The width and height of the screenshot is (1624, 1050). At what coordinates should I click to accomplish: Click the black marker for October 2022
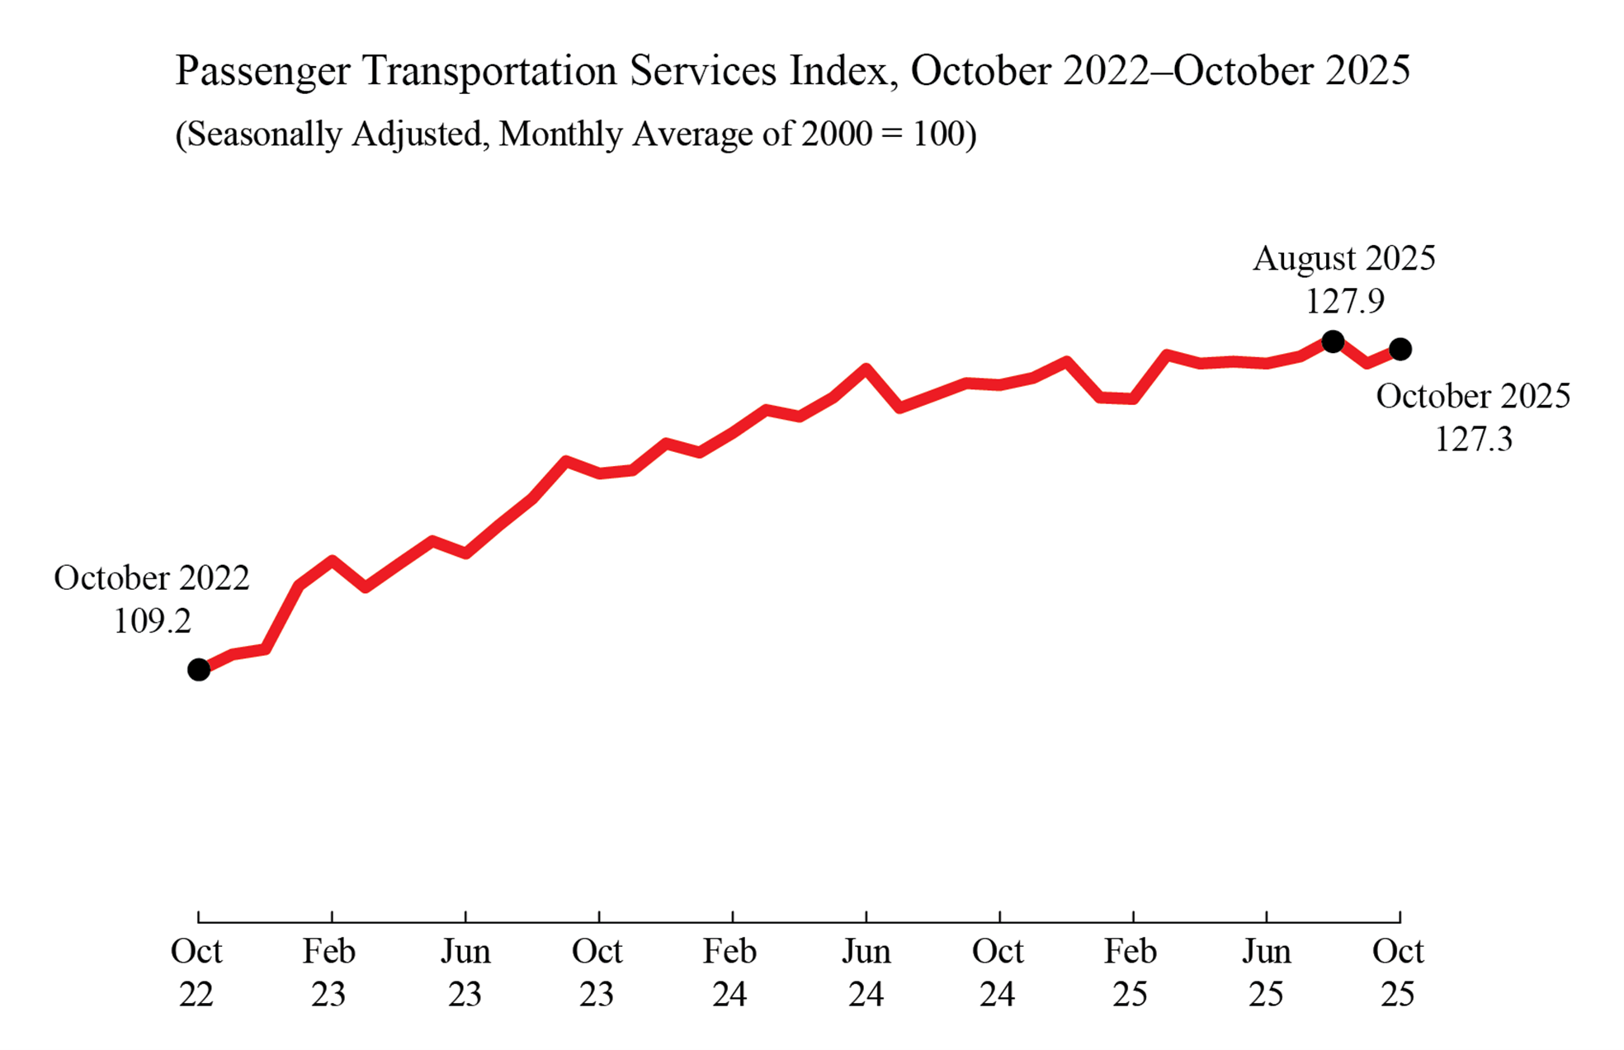[x=199, y=670]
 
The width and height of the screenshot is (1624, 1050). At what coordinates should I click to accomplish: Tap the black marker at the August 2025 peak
[x=1333, y=341]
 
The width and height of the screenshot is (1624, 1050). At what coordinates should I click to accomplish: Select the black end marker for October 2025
[x=1400, y=350]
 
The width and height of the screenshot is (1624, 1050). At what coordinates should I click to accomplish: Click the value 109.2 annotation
[x=152, y=621]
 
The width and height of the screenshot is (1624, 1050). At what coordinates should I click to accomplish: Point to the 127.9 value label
[x=1344, y=301]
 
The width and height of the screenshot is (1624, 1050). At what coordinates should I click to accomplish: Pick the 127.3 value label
[x=1473, y=439]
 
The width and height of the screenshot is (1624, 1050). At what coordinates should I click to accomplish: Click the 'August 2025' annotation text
[x=1344, y=258]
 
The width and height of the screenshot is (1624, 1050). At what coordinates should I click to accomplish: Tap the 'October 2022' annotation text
[x=152, y=578]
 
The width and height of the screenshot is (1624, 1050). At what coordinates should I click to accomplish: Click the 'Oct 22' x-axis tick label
[x=196, y=972]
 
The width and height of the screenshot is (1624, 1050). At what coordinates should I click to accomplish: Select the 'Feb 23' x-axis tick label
[x=328, y=972]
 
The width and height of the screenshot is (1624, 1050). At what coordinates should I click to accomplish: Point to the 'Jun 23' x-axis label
[x=465, y=972]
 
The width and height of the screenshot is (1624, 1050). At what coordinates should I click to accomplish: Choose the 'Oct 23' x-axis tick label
[x=597, y=972]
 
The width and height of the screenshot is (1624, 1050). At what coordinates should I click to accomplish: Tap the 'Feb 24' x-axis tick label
[x=729, y=972]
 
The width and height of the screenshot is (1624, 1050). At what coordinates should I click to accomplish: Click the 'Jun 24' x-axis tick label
[x=866, y=972]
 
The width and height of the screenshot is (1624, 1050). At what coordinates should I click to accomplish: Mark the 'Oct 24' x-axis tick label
[x=998, y=972]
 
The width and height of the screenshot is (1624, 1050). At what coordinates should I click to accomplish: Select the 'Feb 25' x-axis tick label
[x=1131, y=972]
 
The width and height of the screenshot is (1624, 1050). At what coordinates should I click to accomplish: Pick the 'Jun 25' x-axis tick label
[x=1266, y=972]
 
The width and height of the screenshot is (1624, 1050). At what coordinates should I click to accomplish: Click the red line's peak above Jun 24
[x=866, y=368]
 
